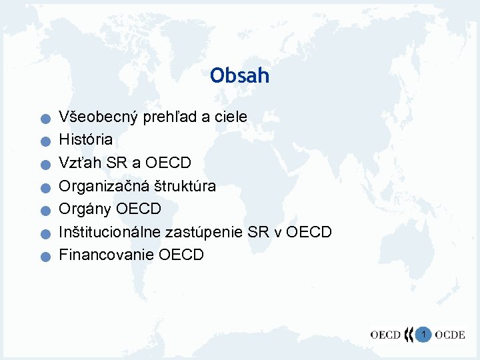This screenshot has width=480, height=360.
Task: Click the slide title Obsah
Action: tap(239, 75)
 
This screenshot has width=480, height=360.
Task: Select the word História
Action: tap(86, 140)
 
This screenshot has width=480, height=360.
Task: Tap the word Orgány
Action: tap(85, 209)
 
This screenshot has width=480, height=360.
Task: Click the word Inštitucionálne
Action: tap(109, 232)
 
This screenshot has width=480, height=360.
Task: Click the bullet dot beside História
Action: tap(43, 143)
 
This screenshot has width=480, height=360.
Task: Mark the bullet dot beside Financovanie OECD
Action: tap(43, 257)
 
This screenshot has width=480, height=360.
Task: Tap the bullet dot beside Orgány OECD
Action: tap(43, 211)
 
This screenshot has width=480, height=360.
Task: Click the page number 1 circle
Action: tap(423, 333)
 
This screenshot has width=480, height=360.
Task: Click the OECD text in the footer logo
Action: tap(386, 335)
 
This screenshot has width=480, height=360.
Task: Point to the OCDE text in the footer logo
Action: tap(450, 335)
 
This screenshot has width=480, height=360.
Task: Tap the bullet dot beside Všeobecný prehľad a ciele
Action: tap(43, 120)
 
